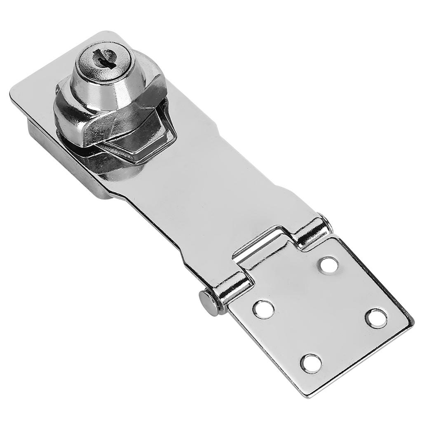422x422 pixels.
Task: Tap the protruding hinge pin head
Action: pyautogui.click(x=207, y=302)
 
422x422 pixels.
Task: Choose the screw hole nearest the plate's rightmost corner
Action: pyautogui.click(x=377, y=318)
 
